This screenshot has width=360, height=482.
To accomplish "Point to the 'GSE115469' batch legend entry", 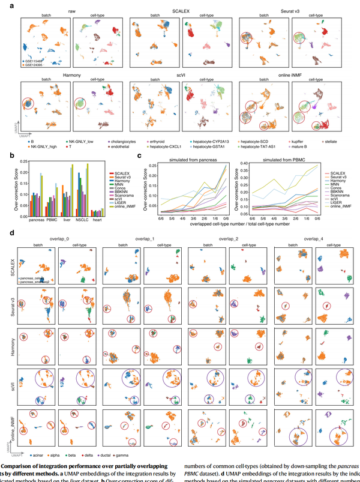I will point(35,60).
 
